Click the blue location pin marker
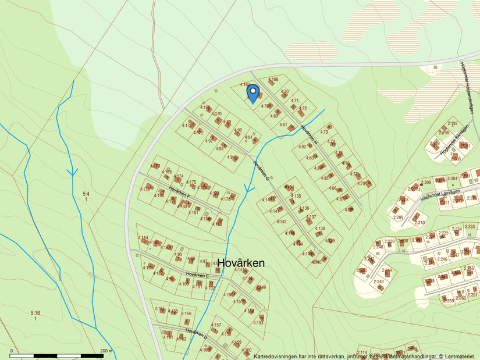253,93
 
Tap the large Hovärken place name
241,263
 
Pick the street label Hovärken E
198,274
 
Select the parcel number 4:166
273,79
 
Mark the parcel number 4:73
324,132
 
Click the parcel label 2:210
419,222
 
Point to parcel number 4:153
258,322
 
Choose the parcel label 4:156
186,313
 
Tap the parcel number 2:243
378,281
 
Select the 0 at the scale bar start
11,351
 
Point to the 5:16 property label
35,313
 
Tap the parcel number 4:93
219,148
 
